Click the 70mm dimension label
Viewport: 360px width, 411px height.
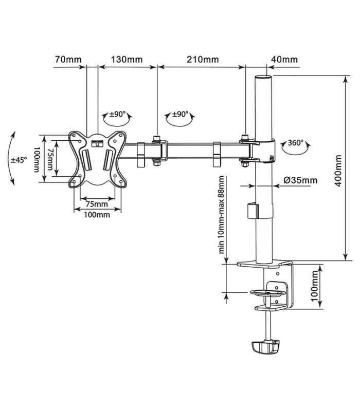[68, 59]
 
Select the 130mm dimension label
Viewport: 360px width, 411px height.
[127, 59]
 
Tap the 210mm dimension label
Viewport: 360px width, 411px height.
[203, 59]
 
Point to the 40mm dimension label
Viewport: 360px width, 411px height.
[284, 59]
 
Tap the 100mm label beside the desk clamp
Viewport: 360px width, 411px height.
[315, 287]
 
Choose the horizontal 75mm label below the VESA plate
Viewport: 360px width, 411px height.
[96, 204]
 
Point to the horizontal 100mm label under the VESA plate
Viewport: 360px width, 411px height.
[97, 215]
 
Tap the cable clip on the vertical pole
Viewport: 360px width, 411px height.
[252, 211]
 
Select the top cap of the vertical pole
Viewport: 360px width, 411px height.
[264, 78]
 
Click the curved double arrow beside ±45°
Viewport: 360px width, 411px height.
[11, 157]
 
